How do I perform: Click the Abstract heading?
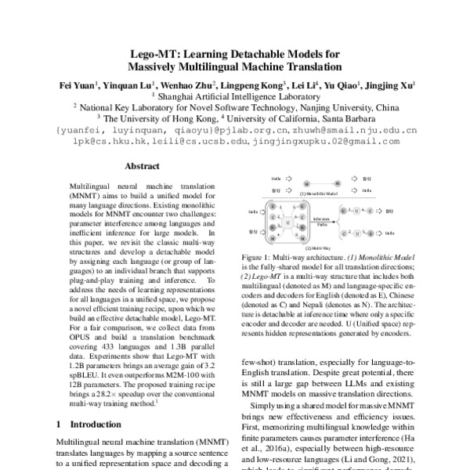point(143,167)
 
